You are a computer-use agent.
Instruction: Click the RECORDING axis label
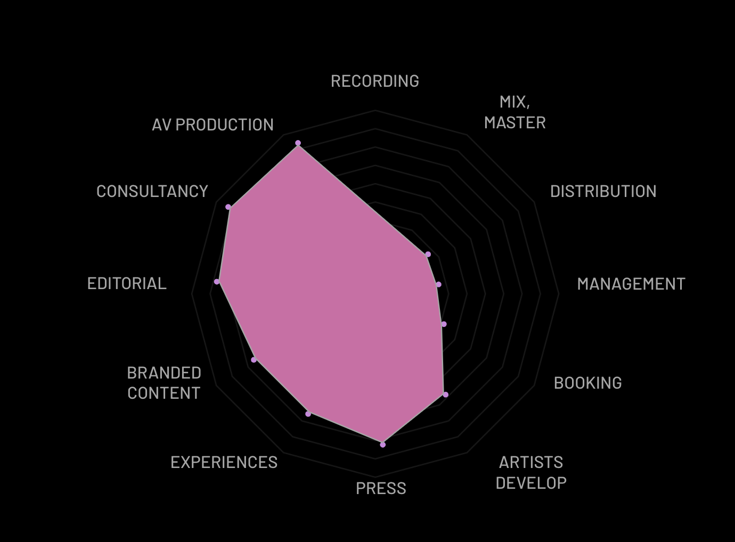pos(375,81)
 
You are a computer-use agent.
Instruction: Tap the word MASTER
pos(515,122)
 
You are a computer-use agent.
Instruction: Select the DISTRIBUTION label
pos(603,191)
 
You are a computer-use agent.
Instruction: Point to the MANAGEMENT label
pos(631,284)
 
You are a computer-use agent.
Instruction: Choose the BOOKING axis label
pos(587,383)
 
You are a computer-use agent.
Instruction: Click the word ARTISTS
pos(531,463)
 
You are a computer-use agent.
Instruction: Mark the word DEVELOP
pos(531,483)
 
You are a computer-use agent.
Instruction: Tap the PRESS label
pos(381,489)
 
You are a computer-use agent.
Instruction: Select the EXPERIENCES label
pos(224,463)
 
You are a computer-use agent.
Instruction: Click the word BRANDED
pos(164,373)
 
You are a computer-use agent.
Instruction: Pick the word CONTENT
pos(164,393)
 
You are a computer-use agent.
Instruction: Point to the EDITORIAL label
pos(127,284)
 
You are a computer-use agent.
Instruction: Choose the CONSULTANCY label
pos(152,191)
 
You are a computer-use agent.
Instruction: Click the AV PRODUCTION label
pos(213,125)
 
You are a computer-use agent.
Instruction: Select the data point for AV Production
pos(298,143)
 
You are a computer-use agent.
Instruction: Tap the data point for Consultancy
pos(228,207)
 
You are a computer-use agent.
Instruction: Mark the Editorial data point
pos(217,282)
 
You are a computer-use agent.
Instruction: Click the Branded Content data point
pos(254,360)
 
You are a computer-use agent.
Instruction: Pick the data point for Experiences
pos(308,414)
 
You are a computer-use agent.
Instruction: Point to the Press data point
pos(383,445)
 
